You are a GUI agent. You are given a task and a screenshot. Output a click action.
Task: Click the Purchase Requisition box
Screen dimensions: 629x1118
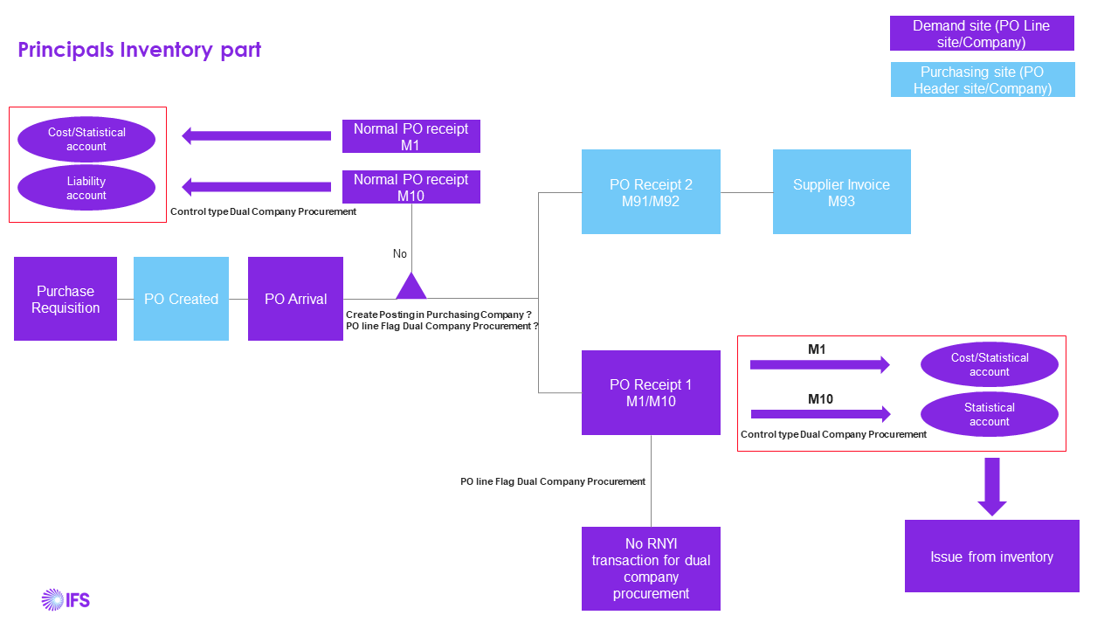tap(66, 299)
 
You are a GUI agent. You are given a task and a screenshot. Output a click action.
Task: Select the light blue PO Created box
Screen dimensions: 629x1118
tap(181, 299)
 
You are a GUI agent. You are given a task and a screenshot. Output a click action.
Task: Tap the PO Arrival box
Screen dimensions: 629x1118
tap(295, 299)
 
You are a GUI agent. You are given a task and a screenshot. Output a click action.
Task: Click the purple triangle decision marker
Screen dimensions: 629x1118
tap(411, 287)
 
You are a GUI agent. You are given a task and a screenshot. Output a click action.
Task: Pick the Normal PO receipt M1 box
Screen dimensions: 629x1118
tap(411, 136)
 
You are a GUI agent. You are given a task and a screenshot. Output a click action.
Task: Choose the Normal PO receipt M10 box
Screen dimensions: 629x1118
tap(411, 187)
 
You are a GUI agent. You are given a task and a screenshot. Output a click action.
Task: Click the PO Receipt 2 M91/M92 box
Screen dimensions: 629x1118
tap(651, 192)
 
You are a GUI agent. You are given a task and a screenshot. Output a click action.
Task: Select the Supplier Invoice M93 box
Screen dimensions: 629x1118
tap(841, 192)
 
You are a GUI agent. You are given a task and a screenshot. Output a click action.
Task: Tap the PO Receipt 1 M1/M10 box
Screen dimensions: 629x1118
tap(651, 392)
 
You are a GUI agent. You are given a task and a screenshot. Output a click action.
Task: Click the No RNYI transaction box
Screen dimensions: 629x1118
tap(651, 568)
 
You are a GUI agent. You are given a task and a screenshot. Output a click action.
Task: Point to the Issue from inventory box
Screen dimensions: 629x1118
tap(991, 556)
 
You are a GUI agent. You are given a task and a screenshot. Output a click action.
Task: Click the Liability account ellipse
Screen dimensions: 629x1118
tap(86, 188)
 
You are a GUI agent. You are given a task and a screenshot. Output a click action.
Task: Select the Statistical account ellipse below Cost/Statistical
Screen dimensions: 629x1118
tap(989, 414)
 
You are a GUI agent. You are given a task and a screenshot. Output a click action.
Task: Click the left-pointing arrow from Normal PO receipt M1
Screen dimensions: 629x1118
tap(256, 135)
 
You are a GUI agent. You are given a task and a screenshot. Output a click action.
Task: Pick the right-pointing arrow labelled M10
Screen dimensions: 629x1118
tap(819, 414)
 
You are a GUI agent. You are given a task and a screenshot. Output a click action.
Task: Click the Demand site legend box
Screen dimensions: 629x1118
tap(982, 34)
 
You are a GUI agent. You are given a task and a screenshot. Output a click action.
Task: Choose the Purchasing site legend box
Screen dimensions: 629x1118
tap(983, 80)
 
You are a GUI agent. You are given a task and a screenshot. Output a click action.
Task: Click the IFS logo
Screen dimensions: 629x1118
tap(66, 599)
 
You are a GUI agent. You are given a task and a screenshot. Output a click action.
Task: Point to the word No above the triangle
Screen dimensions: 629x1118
tap(400, 253)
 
